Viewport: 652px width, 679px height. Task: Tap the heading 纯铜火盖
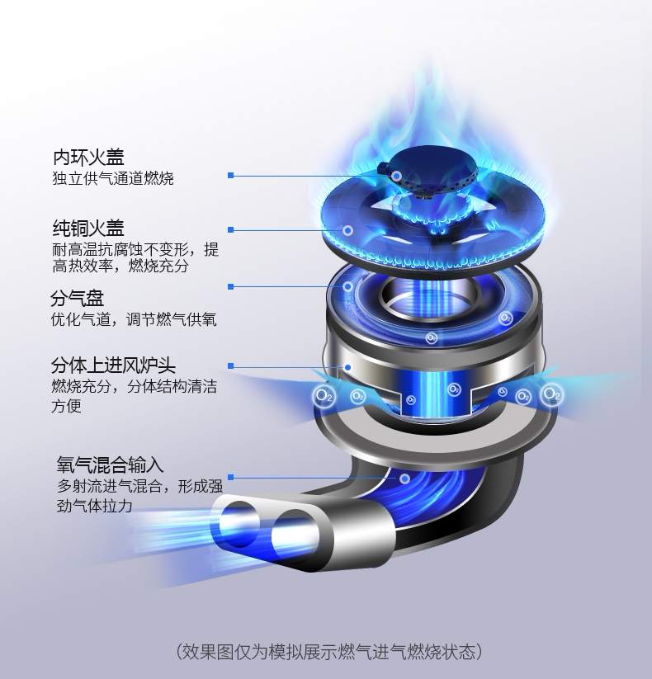[x=88, y=228]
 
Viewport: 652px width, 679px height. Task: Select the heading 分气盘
[x=77, y=299]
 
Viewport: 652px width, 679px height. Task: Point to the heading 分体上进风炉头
[x=113, y=365]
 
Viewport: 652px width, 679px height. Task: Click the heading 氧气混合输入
[x=110, y=465]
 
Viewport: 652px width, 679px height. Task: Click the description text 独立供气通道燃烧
[x=113, y=178]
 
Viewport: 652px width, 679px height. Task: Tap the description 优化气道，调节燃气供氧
[x=134, y=320]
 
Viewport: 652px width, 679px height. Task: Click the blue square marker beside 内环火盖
[x=231, y=176]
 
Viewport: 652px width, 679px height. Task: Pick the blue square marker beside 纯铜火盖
[x=231, y=229]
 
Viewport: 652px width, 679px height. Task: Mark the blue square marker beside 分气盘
[x=231, y=286]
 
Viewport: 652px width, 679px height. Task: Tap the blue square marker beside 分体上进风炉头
[x=231, y=365]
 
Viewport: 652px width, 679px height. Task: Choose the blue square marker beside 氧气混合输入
[x=231, y=477]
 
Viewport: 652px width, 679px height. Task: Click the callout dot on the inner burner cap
[x=397, y=176]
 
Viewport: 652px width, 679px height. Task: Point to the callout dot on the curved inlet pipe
[x=404, y=478]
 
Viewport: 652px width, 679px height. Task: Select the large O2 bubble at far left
[x=324, y=396]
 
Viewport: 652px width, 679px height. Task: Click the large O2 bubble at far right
[x=551, y=395]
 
